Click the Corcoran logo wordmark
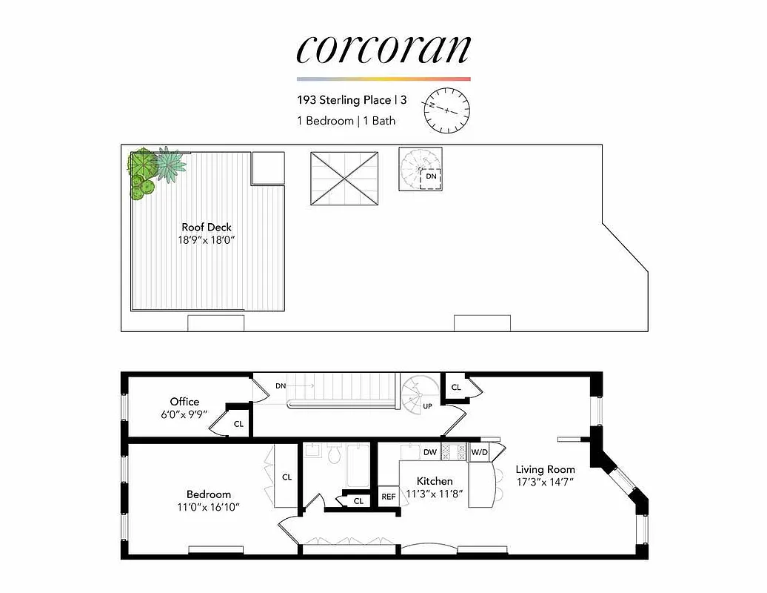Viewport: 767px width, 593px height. pyautogui.click(x=383, y=49)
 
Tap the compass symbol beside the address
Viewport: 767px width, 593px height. pyautogui.click(x=447, y=109)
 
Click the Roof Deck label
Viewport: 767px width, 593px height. pyautogui.click(x=207, y=227)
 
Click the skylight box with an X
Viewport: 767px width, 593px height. pyautogui.click(x=344, y=179)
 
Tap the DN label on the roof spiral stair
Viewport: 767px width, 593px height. pyautogui.click(x=430, y=178)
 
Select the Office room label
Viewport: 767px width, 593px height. pyautogui.click(x=184, y=402)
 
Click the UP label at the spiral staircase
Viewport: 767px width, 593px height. pyautogui.click(x=428, y=407)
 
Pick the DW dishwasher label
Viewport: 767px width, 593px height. pyautogui.click(x=430, y=451)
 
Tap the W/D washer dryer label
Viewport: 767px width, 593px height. pyautogui.click(x=479, y=451)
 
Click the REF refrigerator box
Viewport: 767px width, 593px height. pyautogui.click(x=389, y=497)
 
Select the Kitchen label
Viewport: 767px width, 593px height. pyautogui.click(x=435, y=481)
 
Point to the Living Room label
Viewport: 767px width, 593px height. pyautogui.click(x=546, y=469)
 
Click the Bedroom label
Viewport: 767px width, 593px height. pyautogui.click(x=209, y=494)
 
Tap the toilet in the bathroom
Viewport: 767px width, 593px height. pyautogui.click(x=334, y=453)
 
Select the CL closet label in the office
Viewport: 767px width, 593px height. pyautogui.click(x=238, y=424)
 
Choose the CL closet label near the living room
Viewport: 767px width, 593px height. pyautogui.click(x=456, y=387)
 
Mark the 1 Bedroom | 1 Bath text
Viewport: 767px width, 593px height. pyautogui.click(x=346, y=120)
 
